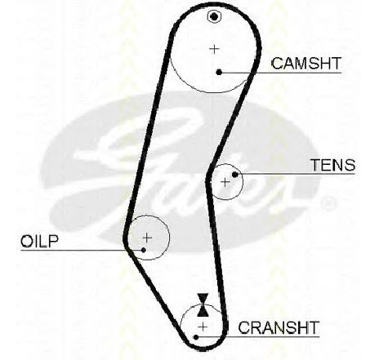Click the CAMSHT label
[306, 64]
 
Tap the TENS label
[332, 165]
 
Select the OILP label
[40, 241]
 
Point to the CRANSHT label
[279, 327]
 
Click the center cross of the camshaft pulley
[214, 49]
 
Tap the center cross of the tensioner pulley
[225, 182]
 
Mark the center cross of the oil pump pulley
[147, 238]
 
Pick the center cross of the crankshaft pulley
[203, 327]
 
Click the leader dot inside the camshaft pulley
[219, 72]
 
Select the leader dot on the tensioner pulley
[235, 175]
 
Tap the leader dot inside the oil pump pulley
[144, 250]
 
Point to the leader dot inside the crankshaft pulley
[196, 337]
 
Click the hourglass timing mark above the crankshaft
[203, 305]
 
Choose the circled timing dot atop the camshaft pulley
[214, 17]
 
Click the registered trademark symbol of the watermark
[328, 203]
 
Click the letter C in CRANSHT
[244, 327]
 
